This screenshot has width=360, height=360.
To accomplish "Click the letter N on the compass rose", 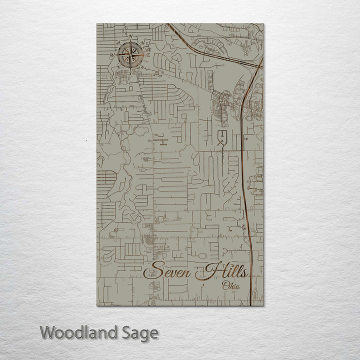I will [x=130, y=37].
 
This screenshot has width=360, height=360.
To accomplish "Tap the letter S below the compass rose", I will [x=130, y=73].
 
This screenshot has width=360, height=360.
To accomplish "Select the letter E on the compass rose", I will [x=148, y=55].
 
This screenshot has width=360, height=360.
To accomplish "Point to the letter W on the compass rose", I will [x=112, y=55].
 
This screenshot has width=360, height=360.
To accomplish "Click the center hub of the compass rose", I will [x=130, y=55].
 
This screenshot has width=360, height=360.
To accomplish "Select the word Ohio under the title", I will [x=231, y=286].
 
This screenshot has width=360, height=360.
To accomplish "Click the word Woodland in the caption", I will [x=78, y=332].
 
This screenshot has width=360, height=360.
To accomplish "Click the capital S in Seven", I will [x=151, y=272].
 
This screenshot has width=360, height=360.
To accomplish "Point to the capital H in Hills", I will [x=206, y=272].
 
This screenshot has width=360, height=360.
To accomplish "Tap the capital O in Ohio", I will [x=224, y=286].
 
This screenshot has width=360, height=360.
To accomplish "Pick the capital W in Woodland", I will [x=48, y=332].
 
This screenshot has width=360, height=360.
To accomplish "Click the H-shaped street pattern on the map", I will [x=162, y=142].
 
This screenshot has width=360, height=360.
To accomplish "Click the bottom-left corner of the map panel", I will [x=97, y=305].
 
